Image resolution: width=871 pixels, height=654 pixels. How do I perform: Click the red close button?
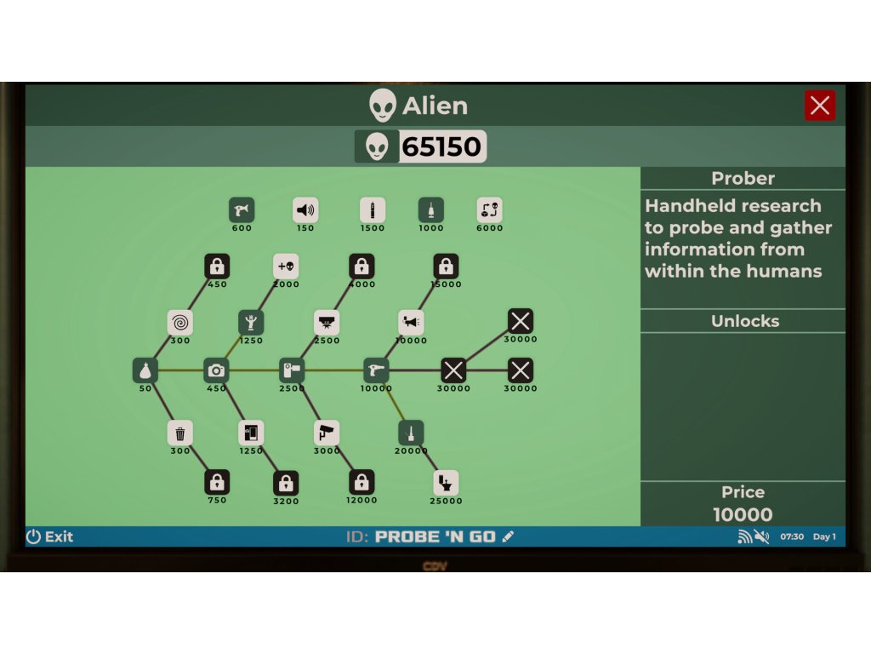tap(820, 106)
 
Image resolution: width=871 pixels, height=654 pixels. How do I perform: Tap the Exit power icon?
tap(34, 536)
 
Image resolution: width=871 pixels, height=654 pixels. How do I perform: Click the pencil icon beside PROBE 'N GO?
tap(509, 536)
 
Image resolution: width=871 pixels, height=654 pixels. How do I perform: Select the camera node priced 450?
tap(217, 370)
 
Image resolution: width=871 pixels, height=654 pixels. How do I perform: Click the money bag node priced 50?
tap(145, 370)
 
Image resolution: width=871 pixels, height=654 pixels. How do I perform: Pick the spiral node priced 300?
tap(180, 323)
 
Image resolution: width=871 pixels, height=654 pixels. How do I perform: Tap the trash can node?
tap(180, 433)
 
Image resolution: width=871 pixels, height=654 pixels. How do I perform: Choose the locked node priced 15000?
tap(446, 267)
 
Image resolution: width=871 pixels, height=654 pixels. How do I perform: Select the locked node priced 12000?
tap(361, 483)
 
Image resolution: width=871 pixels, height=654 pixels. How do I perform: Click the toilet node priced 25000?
tap(446, 483)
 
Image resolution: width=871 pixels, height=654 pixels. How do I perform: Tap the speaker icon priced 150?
tap(305, 209)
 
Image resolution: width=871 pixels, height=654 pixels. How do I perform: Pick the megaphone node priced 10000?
tap(412, 323)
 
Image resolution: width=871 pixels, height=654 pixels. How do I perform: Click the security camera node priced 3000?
tap(327, 433)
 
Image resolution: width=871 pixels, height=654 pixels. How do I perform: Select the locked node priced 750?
tap(217, 483)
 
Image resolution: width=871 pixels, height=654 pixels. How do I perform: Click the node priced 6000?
tap(489, 209)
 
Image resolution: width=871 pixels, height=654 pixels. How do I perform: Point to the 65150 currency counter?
tap(421, 146)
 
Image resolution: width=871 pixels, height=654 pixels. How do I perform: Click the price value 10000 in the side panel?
tap(743, 514)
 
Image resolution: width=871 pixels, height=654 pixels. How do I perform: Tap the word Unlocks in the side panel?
tap(744, 321)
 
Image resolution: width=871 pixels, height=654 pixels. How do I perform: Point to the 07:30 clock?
tap(792, 537)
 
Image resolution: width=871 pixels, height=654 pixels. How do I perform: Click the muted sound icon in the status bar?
tap(761, 536)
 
